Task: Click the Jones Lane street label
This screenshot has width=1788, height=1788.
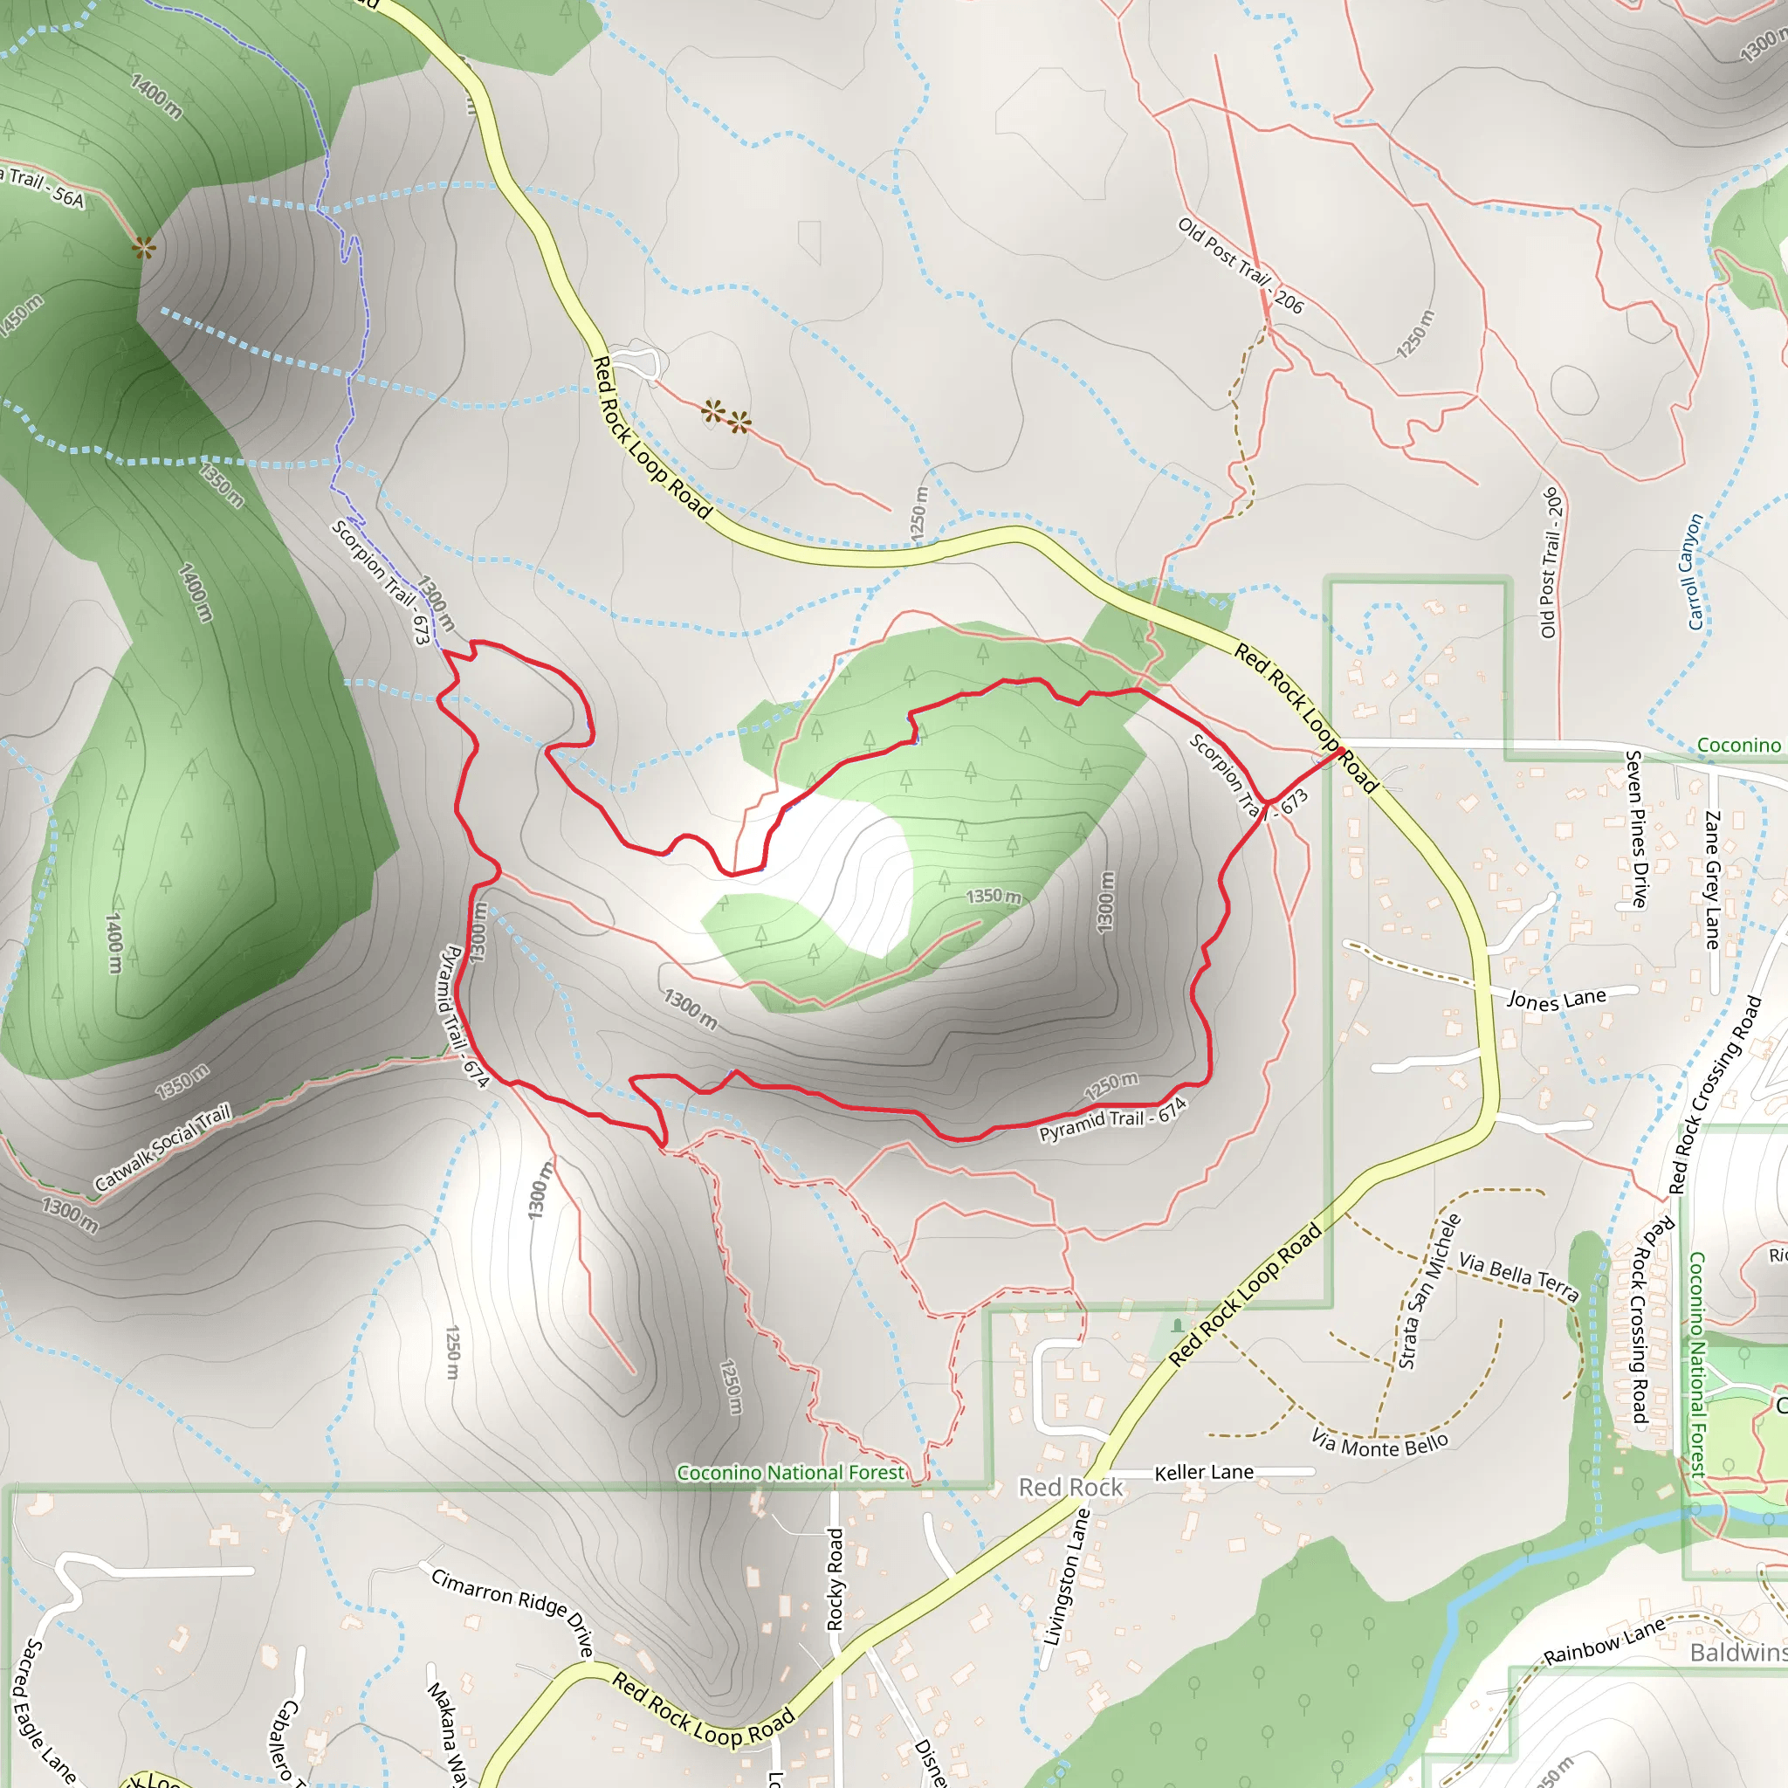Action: click(1557, 999)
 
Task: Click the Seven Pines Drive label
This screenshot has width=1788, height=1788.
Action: click(1636, 829)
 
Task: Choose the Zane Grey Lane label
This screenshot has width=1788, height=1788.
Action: click(1712, 879)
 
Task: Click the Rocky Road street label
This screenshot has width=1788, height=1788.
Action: click(835, 1578)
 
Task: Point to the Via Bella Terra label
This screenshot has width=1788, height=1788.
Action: click(1517, 1277)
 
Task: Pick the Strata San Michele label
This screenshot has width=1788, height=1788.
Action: click(1430, 1291)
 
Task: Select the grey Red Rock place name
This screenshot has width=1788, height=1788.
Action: click(1070, 1487)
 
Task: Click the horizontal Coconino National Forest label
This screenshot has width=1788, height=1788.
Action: click(790, 1473)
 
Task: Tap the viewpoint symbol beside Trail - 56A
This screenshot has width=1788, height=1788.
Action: click(143, 247)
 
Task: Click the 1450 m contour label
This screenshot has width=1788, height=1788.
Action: click(20, 315)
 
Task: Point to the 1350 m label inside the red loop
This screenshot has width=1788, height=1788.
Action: click(993, 896)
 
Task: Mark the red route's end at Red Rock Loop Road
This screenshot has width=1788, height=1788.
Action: click(1339, 751)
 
